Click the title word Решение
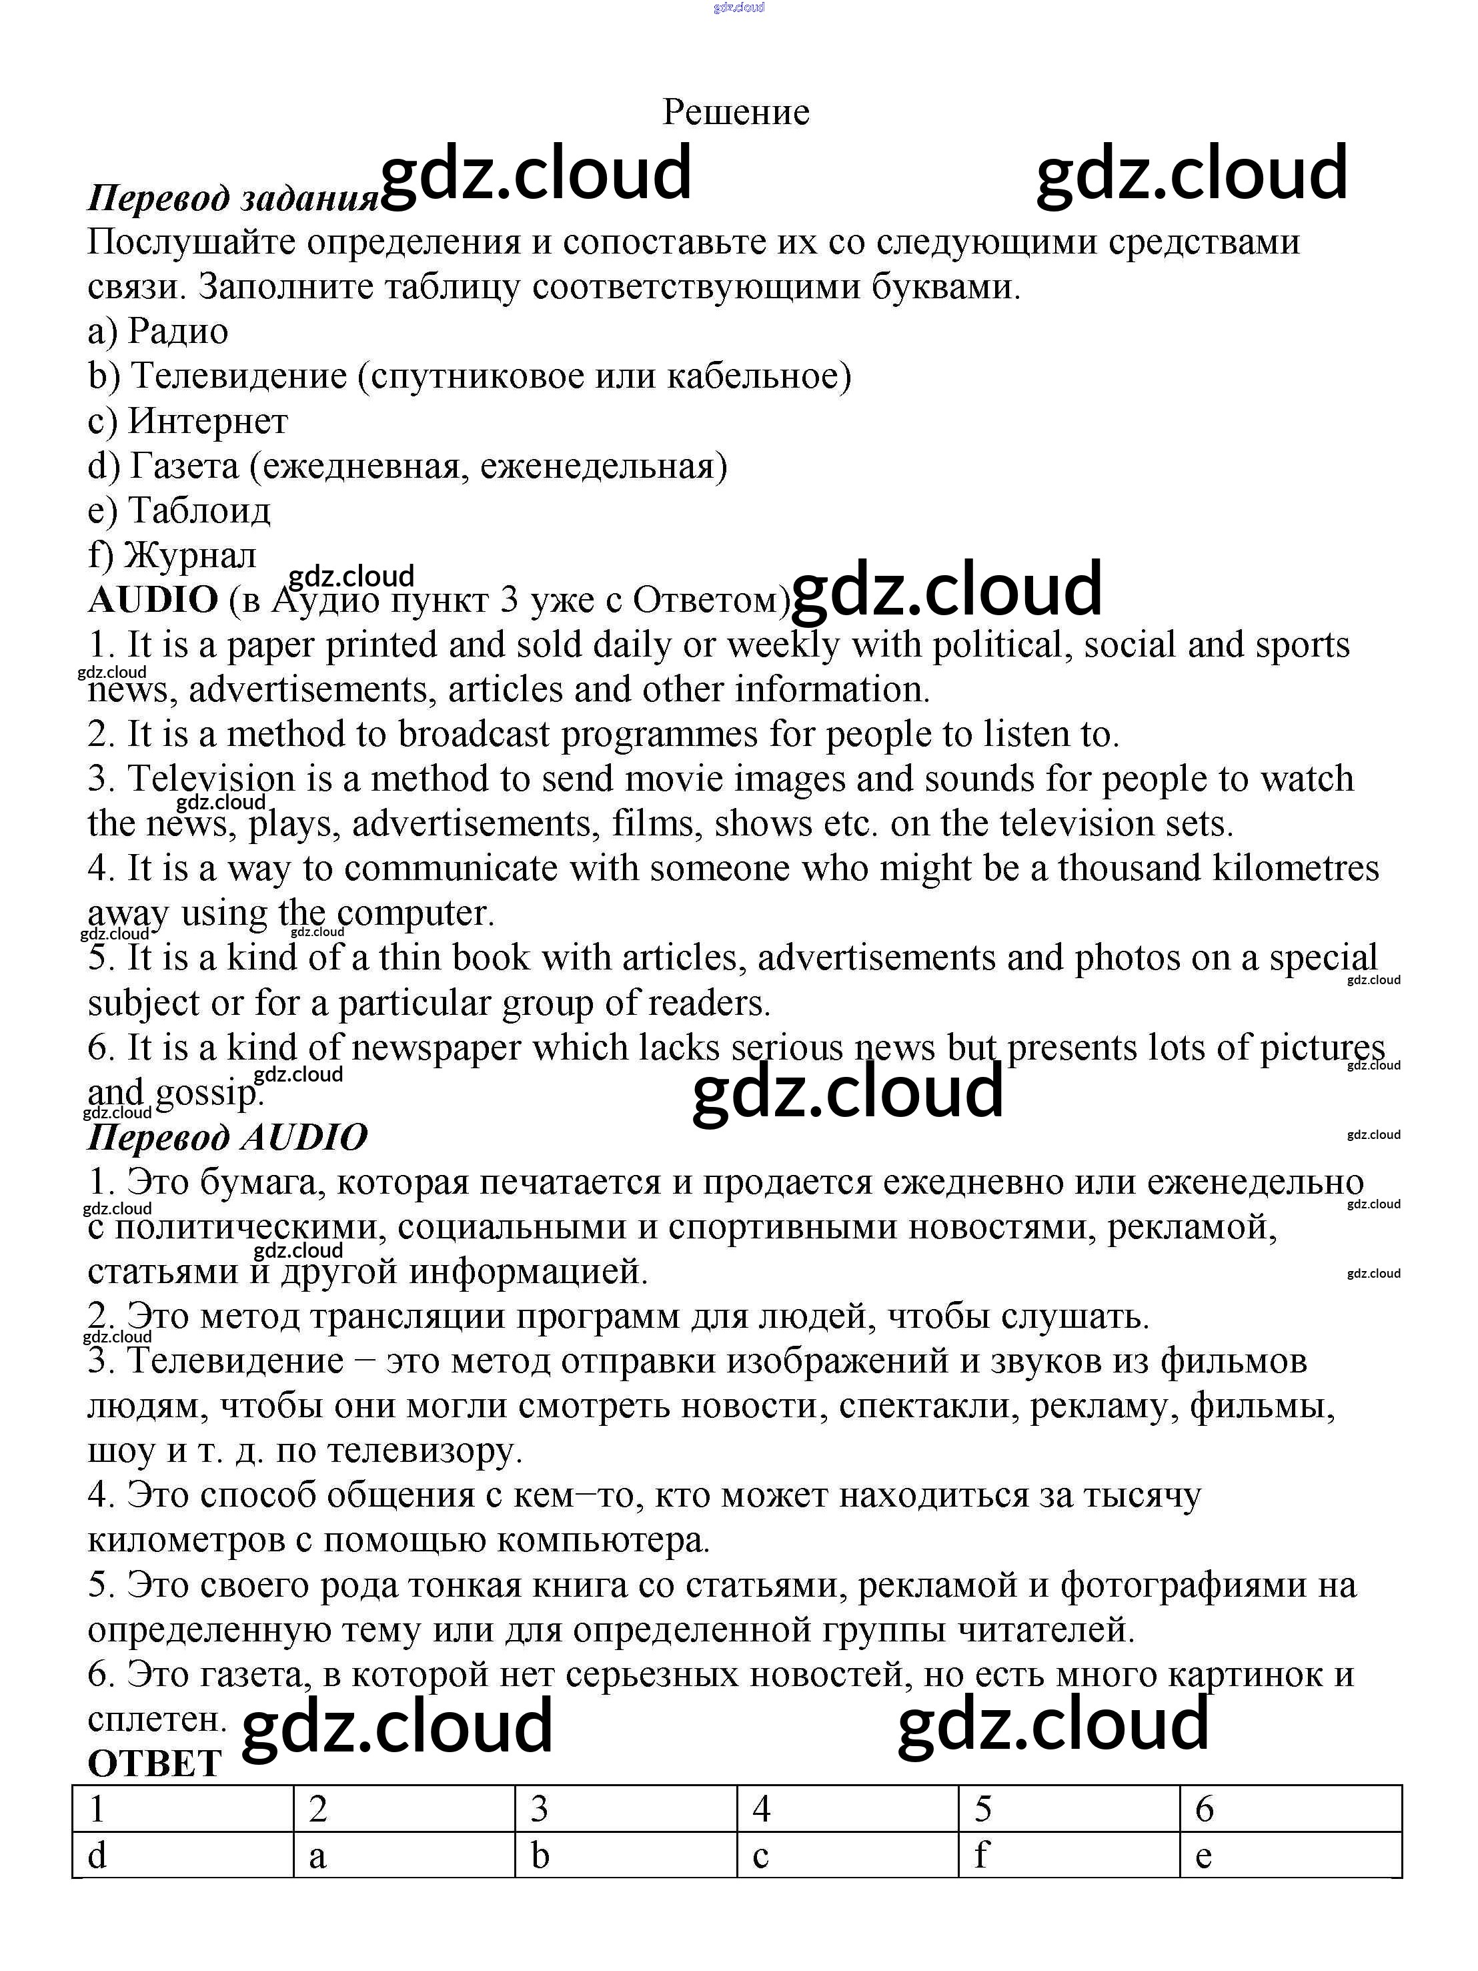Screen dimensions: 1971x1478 pyautogui.click(x=736, y=112)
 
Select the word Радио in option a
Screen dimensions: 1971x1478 pyautogui.click(x=178, y=332)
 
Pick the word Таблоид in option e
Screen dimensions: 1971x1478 pyautogui.click(x=199, y=510)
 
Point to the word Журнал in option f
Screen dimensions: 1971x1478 pyautogui.click(x=190, y=555)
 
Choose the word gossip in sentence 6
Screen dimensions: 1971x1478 pyautogui.click(x=209, y=1092)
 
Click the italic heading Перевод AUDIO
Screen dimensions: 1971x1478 pyautogui.click(x=227, y=1138)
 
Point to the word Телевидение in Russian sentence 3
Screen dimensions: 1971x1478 pyautogui.click(x=235, y=1360)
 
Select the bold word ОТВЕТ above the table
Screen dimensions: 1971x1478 pyautogui.click(x=153, y=1763)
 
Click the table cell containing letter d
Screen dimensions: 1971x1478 pyautogui.click(x=183, y=1855)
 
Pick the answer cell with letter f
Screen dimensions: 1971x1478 pyautogui.click(x=1069, y=1855)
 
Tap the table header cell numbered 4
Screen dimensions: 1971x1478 pyautogui.click(x=847, y=1809)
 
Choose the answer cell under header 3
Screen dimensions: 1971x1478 pyautogui.click(x=626, y=1855)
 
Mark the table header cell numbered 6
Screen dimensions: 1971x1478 pyautogui.click(x=1290, y=1809)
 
